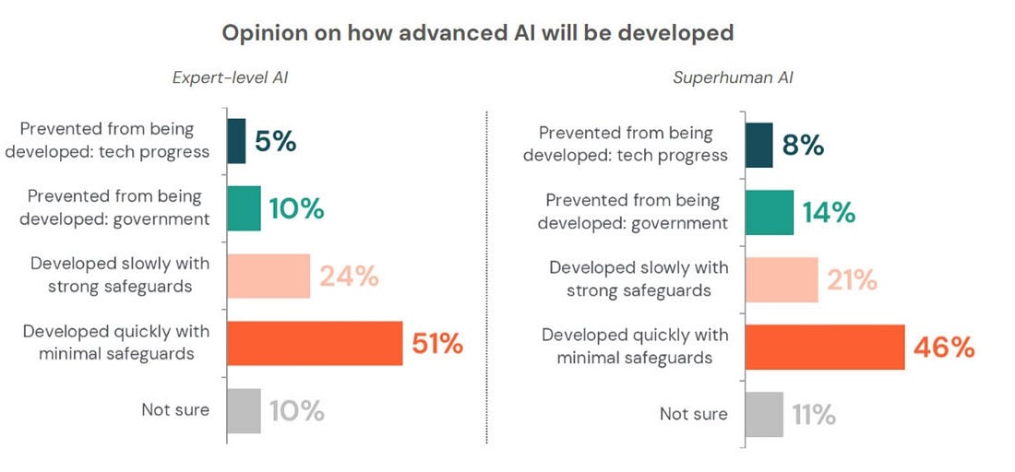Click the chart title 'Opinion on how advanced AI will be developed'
[478, 33]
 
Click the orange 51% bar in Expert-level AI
[315, 344]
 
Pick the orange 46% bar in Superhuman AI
[825, 347]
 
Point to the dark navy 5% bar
[236, 141]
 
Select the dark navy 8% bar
[758, 146]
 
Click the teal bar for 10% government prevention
[244, 208]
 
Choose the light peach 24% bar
[269, 276]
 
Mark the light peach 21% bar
[781, 279]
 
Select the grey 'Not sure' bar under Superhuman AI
[764, 414]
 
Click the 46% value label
[944, 347]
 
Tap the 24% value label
[349, 277]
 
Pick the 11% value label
[813, 415]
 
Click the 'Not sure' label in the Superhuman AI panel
[693, 414]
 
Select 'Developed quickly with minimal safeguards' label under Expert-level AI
[116, 342]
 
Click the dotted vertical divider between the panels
[486, 277]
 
